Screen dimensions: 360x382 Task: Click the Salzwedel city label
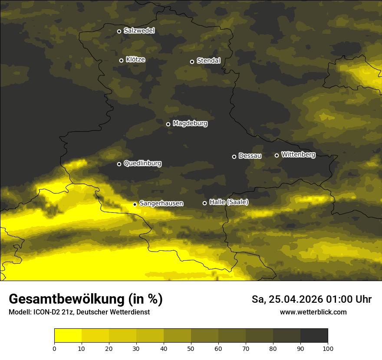[139, 31]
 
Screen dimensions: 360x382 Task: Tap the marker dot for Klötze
[121, 60]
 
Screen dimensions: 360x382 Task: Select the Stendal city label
[208, 61]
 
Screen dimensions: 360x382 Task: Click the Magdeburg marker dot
[168, 124]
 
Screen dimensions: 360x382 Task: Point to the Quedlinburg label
[142, 164]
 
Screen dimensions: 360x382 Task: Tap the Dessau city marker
[234, 157]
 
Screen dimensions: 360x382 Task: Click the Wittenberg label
[298, 154]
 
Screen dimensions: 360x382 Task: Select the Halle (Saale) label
[229, 202]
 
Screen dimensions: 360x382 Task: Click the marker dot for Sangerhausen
[135, 204]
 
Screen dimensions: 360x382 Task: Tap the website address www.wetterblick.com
[313, 312]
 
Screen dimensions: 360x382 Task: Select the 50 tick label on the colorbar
[191, 348]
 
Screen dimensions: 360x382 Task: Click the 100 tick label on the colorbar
[328, 348]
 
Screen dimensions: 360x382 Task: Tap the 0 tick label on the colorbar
[54, 348]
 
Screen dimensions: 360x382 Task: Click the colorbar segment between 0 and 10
[68, 336]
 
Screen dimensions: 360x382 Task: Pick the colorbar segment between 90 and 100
[314, 336]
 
